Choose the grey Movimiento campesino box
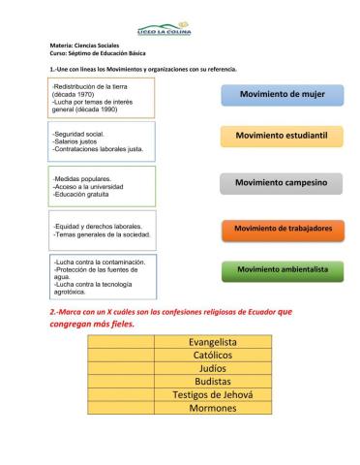click(x=280, y=182)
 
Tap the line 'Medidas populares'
click(x=83, y=178)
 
